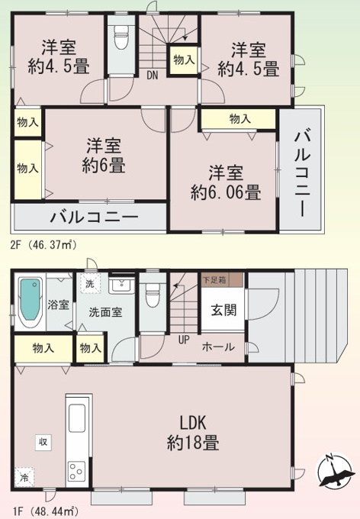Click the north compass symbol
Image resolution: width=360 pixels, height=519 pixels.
tap(334, 471)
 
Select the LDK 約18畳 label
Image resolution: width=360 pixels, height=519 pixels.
tap(193, 432)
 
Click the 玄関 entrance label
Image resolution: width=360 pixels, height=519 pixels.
tap(223, 310)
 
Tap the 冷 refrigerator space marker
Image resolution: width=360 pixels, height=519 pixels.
tap(24, 477)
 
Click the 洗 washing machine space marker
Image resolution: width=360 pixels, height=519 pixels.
tap(90, 284)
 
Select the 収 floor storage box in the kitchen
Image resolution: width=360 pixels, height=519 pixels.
tap(43, 442)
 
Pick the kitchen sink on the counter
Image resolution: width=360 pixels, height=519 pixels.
tap(77, 418)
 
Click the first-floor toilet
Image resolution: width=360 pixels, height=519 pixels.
tap(153, 295)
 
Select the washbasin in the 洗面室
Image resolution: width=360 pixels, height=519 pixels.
tap(122, 285)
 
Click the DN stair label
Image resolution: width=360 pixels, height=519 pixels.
tap(153, 75)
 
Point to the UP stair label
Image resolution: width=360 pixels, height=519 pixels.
tap(184, 340)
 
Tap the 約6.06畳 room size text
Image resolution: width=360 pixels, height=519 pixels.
tap(226, 192)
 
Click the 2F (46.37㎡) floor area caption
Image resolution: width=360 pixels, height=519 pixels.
tap(43, 245)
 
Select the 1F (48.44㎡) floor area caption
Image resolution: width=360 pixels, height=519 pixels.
tap(45, 512)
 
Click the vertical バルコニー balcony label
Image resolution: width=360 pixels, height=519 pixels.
tap(302, 175)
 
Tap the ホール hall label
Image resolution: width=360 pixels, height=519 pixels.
tap(218, 347)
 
